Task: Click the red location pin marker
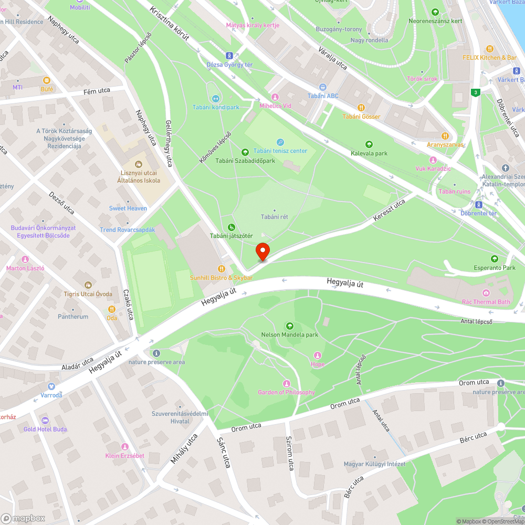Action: pyautogui.click(x=262, y=251)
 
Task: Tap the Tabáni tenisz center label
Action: pyautogui.click(x=280, y=151)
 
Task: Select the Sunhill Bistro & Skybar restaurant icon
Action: pyautogui.click(x=221, y=268)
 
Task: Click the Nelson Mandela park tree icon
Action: pyautogui.click(x=289, y=326)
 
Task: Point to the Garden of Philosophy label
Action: pyautogui.click(x=286, y=392)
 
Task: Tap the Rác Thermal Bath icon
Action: pyautogui.click(x=486, y=292)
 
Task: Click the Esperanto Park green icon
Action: pyautogui.click(x=494, y=259)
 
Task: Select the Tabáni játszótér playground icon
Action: pyautogui.click(x=231, y=227)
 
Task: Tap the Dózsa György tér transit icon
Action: pyautogui.click(x=229, y=55)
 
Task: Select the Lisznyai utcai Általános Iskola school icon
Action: pyautogui.click(x=139, y=165)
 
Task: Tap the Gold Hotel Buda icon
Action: pyautogui.click(x=45, y=420)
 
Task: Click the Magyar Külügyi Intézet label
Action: pyautogui.click(x=374, y=464)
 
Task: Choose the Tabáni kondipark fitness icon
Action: pyautogui.click(x=215, y=98)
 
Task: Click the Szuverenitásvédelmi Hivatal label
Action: pyautogui.click(x=180, y=417)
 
